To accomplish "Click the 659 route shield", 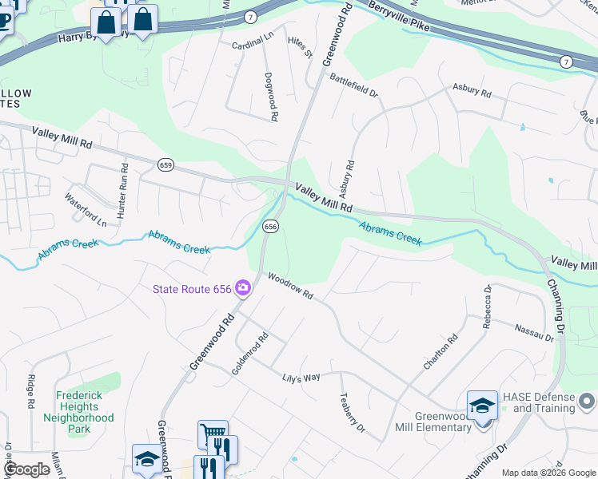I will (165, 165).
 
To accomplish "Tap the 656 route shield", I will (270, 227).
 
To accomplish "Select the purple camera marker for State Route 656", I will (242, 289).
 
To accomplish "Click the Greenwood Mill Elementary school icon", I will (483, 406).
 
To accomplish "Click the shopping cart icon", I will (212, 433).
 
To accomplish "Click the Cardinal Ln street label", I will (253, 46).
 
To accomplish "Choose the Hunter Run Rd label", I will (123, 192).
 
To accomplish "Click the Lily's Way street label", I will (300, 376).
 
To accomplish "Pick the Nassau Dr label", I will (534, 330).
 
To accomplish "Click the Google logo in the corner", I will (26, 469).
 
